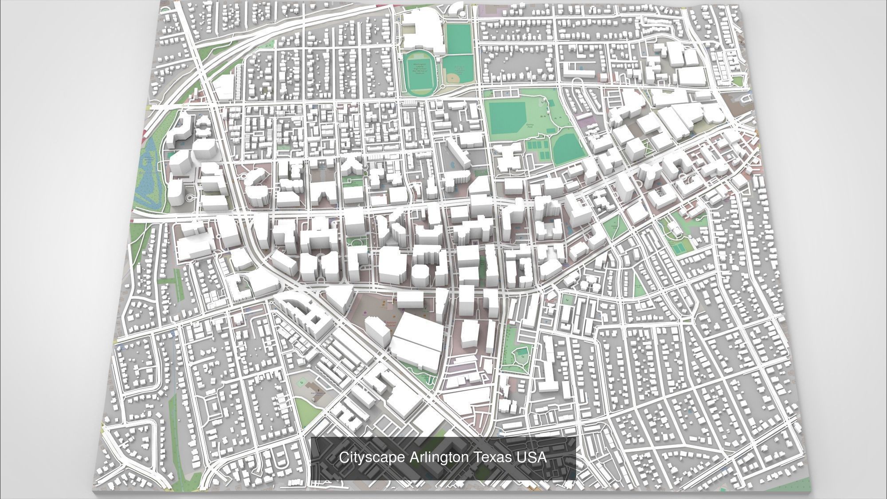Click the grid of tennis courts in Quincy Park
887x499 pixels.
pos(538,149)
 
